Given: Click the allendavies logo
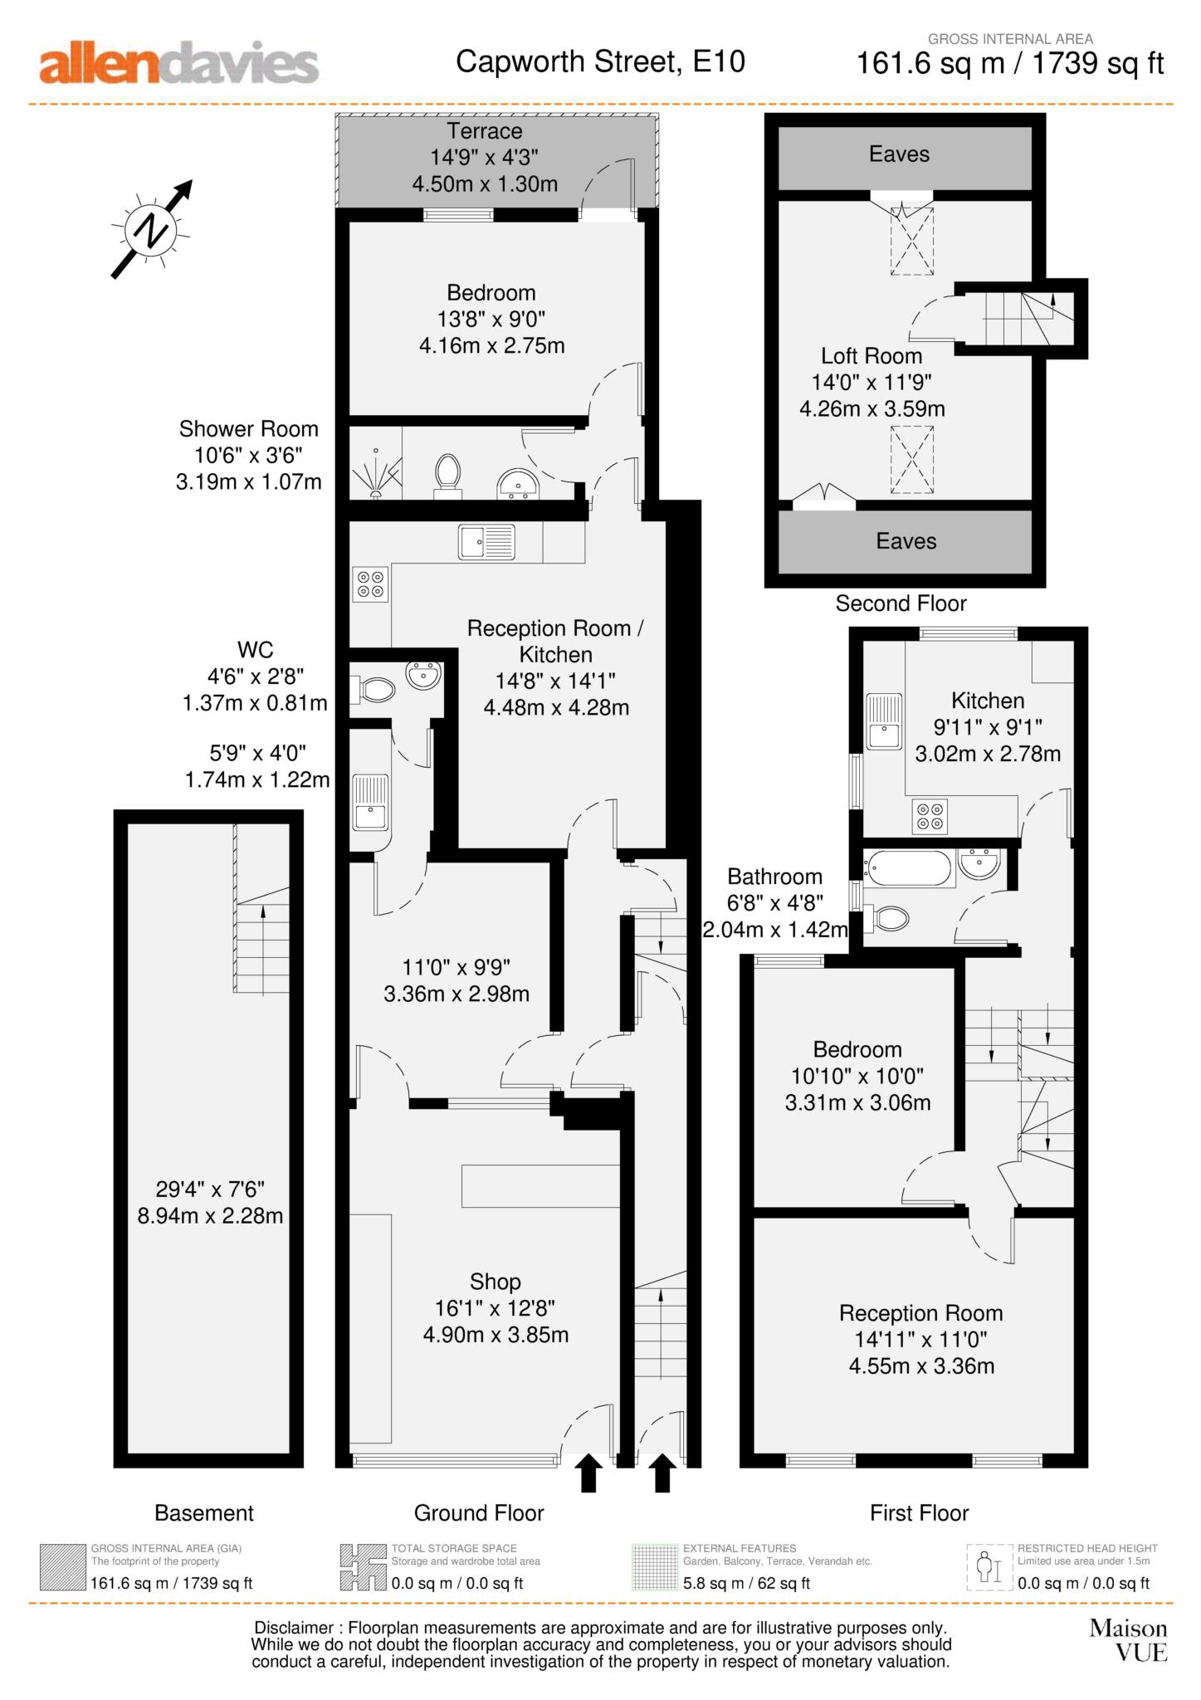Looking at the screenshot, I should point(178,63).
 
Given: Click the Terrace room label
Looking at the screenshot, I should point(485,131).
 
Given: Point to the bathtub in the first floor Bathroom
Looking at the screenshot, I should point(908,868).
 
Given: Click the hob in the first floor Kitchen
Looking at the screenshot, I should point(929,815).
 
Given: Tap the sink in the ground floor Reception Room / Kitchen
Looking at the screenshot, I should point(486,542).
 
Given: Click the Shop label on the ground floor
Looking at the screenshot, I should point(495,1282).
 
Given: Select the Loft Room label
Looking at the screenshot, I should point(871,356).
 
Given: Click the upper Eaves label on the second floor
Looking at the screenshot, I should point(899,154).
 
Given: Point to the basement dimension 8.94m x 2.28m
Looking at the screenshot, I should point(210,1216).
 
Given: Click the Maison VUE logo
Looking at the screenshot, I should point(1128,1640).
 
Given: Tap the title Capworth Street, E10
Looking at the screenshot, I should point(600,61).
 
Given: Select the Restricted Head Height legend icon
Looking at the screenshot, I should point(989,1567).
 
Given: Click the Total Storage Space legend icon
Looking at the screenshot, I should point(364,1567).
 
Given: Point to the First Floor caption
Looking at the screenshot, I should point(919,1513).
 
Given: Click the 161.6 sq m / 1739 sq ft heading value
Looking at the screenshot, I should point(1009,63).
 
